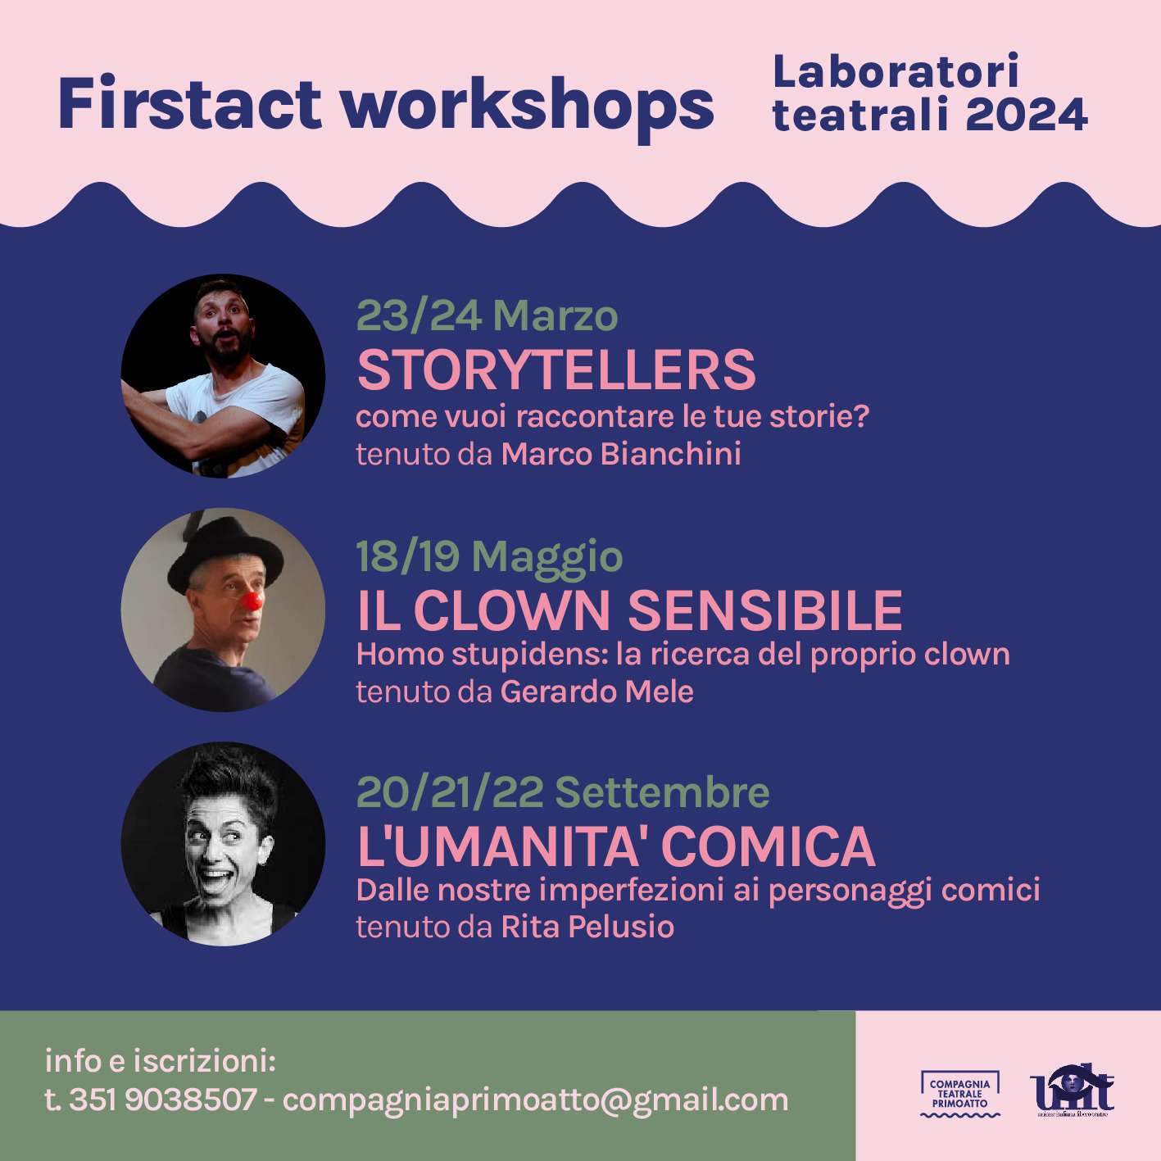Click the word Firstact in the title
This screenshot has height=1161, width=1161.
click(190, 102)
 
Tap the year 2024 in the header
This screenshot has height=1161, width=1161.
click(1027, 115)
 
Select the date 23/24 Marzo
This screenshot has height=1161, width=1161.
click(487, 315)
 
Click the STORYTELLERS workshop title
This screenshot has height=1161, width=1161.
click(556, 370)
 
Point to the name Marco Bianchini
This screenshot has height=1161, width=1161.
click(621, 454)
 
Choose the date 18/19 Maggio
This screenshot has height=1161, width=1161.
click(489, 556)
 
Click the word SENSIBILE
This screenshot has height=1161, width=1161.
click(765, 610)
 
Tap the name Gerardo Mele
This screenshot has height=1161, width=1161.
click(597, 692)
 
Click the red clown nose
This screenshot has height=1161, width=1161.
click(252, 601)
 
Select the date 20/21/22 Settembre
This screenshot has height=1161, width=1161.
click(563, 792)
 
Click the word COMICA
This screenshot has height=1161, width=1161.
click(769, 846)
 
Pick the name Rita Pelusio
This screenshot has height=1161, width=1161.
click(587, 927)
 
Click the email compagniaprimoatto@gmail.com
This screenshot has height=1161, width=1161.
click(535, 1100)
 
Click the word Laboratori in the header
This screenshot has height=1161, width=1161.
click(896, 71)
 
